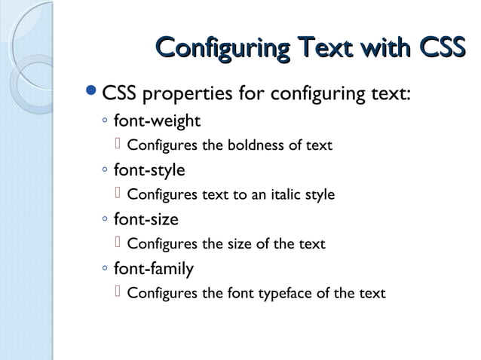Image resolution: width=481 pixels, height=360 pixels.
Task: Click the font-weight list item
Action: pyautogui.click(x=157, y=121)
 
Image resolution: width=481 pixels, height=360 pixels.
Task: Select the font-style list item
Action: pyautogui.click(x=149, y=169)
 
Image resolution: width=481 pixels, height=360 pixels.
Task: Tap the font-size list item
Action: pyautogui.click(x=146, y=219)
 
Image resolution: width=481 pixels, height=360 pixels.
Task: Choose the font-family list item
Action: pyautogui.click(x=153, y=268)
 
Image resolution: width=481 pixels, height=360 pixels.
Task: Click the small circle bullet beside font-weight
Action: pyautogui.click(x=105, y=121)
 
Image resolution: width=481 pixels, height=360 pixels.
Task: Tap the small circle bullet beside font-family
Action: pyautogui.click(x=105, y=269)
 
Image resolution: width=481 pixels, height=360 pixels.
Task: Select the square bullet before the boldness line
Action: pyautogui.click(x=118, y=145)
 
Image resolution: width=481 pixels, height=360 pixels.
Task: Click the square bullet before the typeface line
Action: pyautogui.click(x=118, y=292)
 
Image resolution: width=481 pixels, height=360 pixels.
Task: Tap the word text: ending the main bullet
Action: pyautogui.click(x=388, y=96)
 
